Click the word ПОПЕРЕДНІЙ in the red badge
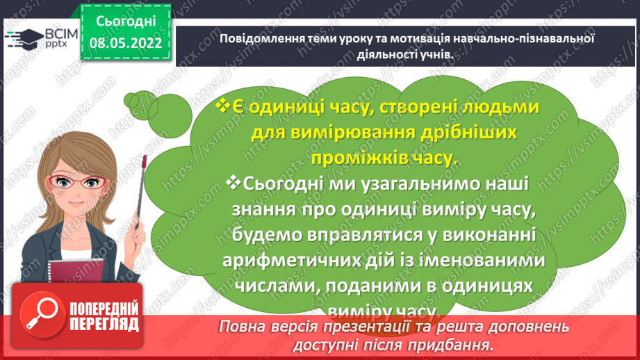coord(104,309)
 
